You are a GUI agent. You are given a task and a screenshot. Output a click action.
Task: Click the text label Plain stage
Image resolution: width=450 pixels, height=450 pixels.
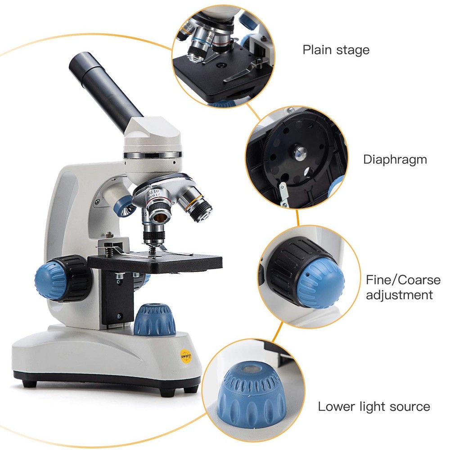coord(336,49)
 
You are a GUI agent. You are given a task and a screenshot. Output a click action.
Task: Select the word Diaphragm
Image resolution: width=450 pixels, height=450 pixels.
coord(395,159)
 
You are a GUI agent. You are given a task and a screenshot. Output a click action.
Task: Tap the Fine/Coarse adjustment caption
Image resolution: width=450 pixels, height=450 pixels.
coord(403,288)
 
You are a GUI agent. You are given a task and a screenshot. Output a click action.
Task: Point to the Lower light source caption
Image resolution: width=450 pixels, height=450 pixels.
coord(373,407)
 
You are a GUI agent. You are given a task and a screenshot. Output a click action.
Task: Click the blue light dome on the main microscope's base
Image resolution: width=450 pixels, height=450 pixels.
coord(155,319)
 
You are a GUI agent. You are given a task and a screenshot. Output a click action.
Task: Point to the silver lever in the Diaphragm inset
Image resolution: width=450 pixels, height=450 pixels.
coord(283,193)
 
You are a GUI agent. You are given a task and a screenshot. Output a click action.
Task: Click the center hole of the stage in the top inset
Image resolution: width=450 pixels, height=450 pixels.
coord(220,65)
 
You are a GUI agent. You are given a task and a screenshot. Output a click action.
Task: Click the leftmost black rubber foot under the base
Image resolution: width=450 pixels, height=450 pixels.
coord(30,383)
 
